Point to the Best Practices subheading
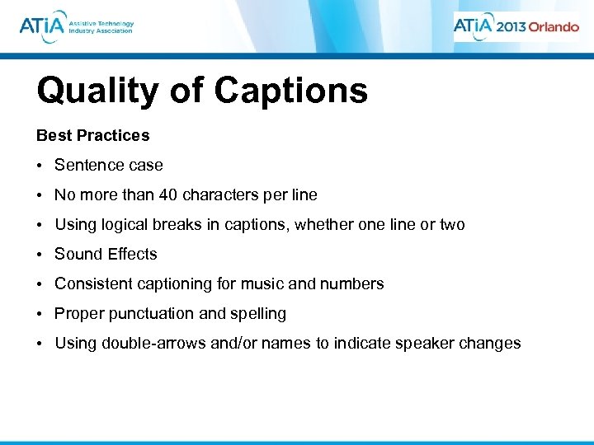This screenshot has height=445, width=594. click(93, 135)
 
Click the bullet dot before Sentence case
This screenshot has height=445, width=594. click(40, 166)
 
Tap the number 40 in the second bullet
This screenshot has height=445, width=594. click(168, 195)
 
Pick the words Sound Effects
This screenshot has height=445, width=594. click(106, 255)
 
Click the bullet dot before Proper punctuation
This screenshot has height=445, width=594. click(40, 314)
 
